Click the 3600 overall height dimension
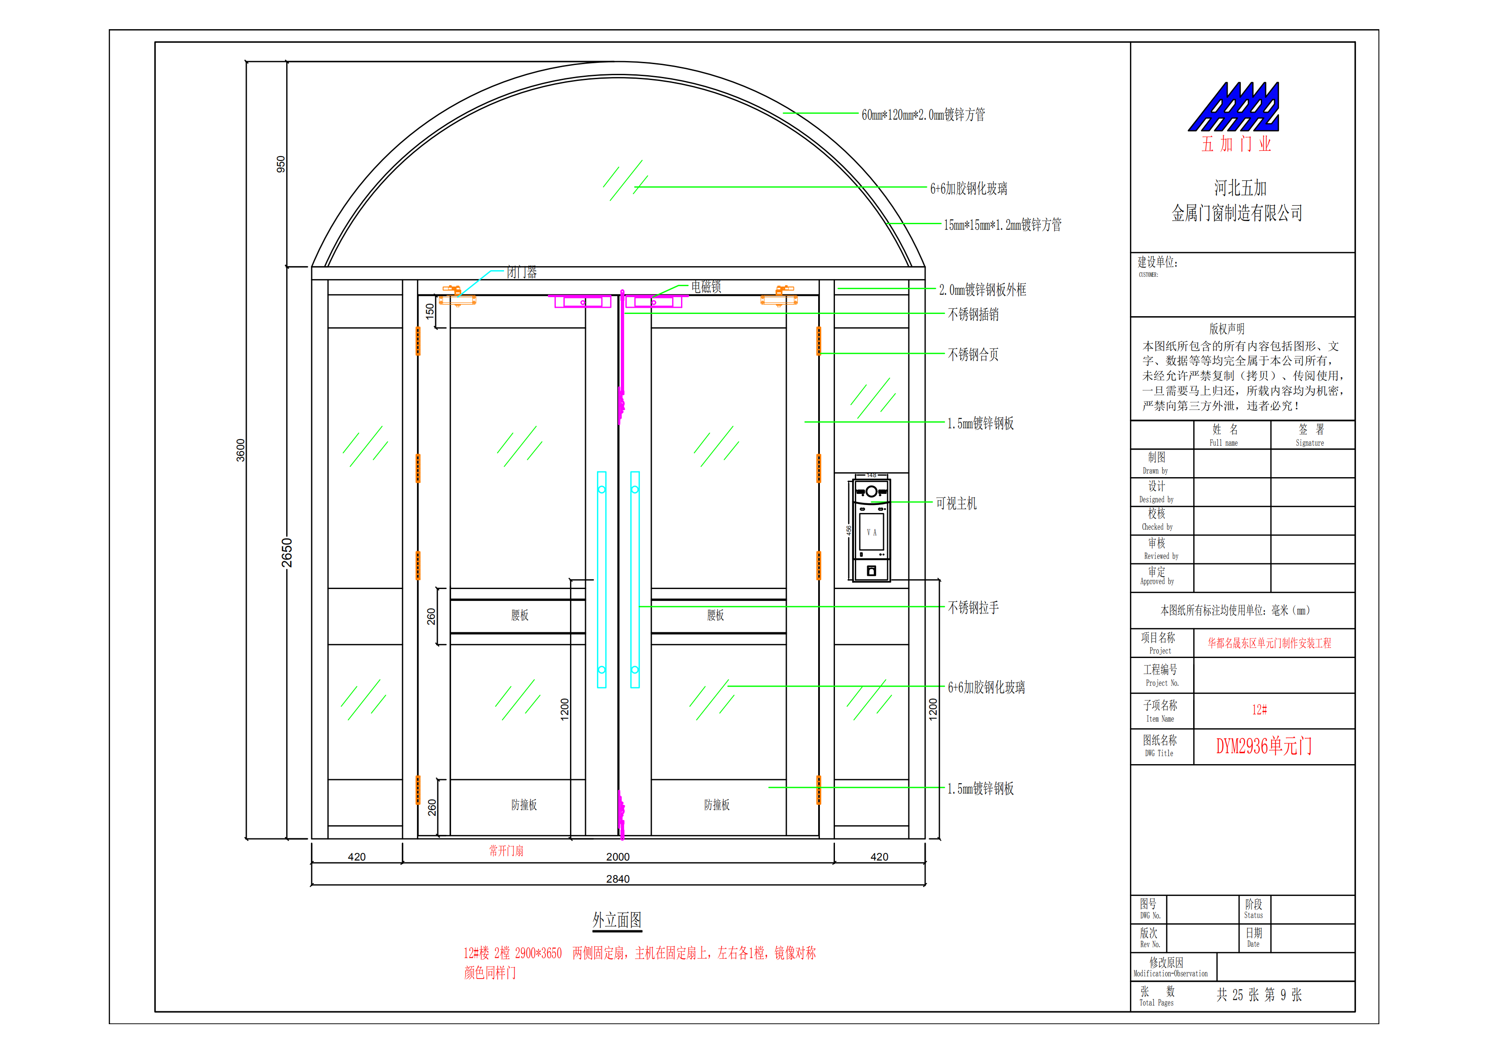click(241, 450)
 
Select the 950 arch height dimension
click(281, 164)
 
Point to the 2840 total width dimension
click(617, 879)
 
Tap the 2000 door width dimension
click(617, 857)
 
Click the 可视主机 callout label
click(956, 503)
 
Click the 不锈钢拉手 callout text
click(973, 607)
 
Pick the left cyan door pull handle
click(602, 579)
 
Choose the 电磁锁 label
click(706, 287)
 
